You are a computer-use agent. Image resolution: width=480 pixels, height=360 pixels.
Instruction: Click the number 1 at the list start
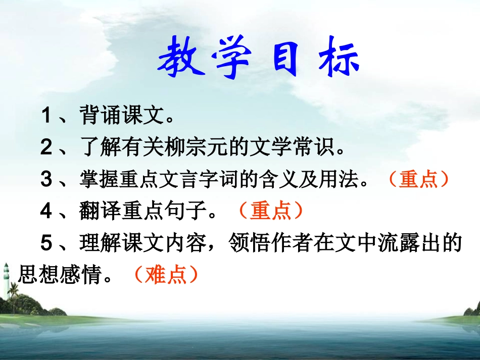coord(46,117)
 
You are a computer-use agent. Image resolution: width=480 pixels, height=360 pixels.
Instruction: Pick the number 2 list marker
coord(46,148)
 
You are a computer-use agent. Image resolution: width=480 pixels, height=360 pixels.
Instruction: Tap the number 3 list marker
coord(46,180)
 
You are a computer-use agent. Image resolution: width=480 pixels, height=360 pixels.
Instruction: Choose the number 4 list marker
coord(46,211)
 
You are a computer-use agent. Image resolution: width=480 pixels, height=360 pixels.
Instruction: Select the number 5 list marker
coord(46,243)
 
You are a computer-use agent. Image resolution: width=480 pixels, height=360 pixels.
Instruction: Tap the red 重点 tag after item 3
coord(418,180)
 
